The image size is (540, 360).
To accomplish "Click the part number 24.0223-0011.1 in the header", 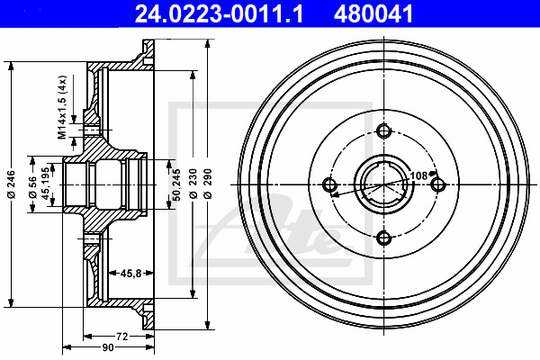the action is [219, 13].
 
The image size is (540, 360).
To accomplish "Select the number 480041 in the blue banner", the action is [373, 13].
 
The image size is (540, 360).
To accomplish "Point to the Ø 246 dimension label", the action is [12, 184].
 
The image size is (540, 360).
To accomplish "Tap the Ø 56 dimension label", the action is [32, 187].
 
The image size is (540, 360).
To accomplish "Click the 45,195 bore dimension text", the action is [45, 184].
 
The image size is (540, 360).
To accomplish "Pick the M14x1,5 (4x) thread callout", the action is [62, 107].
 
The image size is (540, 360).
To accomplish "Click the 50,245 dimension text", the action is [176, 184].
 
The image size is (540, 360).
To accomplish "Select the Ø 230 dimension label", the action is [193, 184].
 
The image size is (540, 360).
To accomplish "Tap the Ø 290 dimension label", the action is [208, 184].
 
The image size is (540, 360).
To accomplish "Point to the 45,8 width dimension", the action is [130, 274].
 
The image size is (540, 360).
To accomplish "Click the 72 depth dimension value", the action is [121, 337].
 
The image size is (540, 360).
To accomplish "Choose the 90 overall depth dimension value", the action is [108, 347].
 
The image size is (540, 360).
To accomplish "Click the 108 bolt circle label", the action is [418, 175].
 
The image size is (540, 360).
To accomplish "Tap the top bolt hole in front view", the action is [383, 130].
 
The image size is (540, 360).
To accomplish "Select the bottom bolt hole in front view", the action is [383, 238].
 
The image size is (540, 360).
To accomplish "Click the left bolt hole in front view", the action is [330, 184].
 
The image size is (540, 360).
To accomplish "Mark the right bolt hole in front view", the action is [438, 184].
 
